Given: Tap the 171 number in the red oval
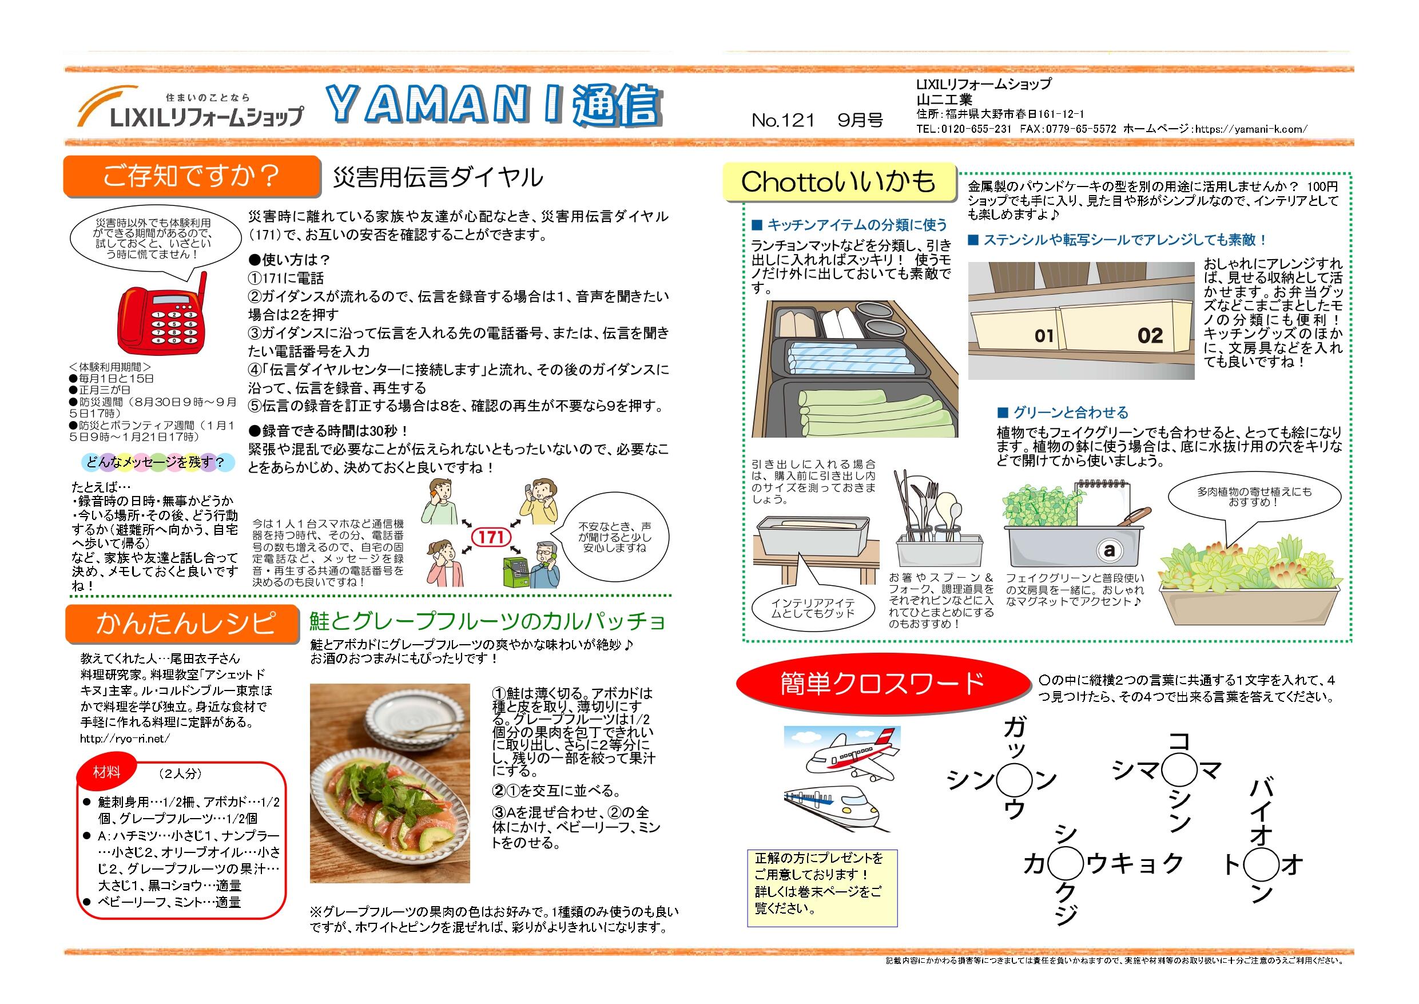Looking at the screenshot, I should point(491,536).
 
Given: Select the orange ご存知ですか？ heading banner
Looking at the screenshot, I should point(191,176).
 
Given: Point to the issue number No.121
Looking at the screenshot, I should point(783,120).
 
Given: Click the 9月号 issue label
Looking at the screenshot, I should point(860,120).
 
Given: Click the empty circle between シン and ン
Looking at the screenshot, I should point(1015,781).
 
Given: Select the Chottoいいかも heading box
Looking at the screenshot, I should point(838,182).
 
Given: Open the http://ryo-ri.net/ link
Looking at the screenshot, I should point(125,739).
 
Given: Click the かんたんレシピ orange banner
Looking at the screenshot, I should point(183,623).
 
